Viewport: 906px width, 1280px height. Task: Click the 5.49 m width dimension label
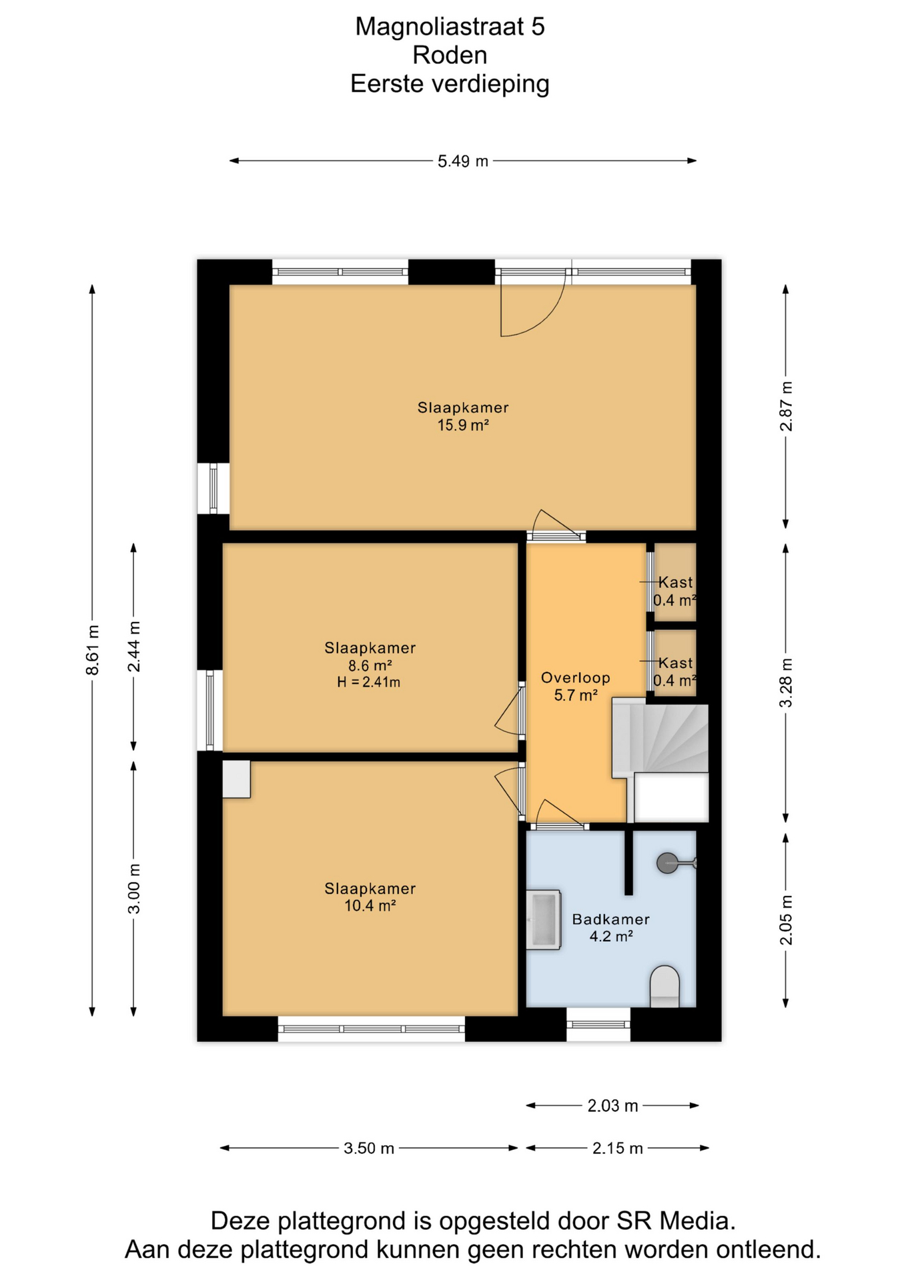click(463, 161)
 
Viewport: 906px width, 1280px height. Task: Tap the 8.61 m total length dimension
click(93, 650)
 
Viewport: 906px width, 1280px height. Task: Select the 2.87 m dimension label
click(787, 406)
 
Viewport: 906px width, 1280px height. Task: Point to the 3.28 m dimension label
click(787, 683)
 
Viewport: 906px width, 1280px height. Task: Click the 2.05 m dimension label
click(787, 920)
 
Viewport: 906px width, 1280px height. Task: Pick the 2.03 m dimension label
click(612, 1106)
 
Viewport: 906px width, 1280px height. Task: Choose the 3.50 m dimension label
click(369, 1148)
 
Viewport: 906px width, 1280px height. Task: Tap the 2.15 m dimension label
click(617, 1148)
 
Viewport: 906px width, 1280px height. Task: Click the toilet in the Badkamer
click(664, 986)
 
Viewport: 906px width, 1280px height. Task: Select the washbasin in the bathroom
click(543, 919)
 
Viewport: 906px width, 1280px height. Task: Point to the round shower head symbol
click(667, 863)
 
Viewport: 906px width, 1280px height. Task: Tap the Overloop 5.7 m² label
click(576, 687)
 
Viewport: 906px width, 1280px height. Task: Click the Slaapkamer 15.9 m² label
click(463, 416)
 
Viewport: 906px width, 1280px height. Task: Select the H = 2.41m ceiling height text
click(369, 682)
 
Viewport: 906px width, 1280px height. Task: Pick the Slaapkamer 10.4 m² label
click(370, 897)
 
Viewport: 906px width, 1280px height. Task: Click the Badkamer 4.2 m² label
click(611, 927)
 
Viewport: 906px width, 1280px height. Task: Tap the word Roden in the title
click(450, 55)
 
